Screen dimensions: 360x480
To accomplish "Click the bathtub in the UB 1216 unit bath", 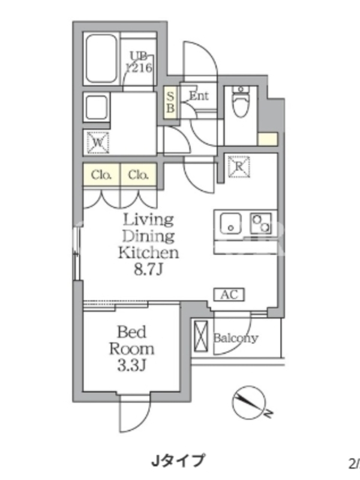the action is click(101, 59).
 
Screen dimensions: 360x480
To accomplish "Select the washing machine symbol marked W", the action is click(98, 142).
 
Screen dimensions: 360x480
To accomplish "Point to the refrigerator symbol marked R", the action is click(239, 167).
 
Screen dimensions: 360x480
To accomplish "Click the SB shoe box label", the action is click(170, 103).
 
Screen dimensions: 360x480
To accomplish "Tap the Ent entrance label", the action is click(199, 96).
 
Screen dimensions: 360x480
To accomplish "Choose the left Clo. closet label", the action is click(101, 175).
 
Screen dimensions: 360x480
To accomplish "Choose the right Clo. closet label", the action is click(139, 175).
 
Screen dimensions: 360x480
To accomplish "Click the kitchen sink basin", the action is click(231, 223).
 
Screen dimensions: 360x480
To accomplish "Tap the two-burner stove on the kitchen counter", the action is click(262, 223).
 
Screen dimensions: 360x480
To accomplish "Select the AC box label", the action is click(229, 295).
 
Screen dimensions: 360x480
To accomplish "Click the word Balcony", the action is click(236, 338).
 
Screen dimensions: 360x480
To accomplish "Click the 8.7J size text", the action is click(148, 269).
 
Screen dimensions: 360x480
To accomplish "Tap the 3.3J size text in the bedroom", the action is click(131, 365).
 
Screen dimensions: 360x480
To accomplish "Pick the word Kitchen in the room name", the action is click(148, 253).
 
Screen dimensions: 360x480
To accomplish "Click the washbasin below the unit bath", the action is click(96, 109).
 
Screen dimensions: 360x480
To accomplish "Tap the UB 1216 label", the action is click(139, 62).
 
